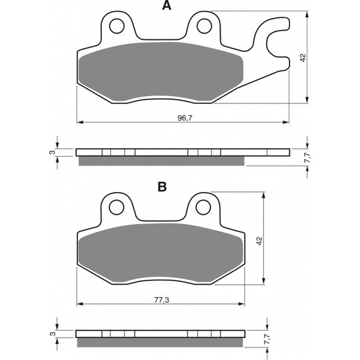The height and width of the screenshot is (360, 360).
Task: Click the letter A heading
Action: point(167,5)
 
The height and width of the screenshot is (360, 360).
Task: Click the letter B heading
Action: point(162,187)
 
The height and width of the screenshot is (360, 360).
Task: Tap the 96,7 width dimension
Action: point(185,118)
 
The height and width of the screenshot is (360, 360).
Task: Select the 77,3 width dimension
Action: point(161,300)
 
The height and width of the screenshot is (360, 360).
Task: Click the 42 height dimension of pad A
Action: point(303,57)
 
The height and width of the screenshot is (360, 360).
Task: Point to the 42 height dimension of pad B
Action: point(259,241)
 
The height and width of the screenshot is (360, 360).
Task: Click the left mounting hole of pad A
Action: point(117,26)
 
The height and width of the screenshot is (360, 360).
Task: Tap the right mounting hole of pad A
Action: point(205,26)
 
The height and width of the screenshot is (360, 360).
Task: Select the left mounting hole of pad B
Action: point(117,207)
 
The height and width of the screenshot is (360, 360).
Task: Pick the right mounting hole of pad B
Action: point(203,207)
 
